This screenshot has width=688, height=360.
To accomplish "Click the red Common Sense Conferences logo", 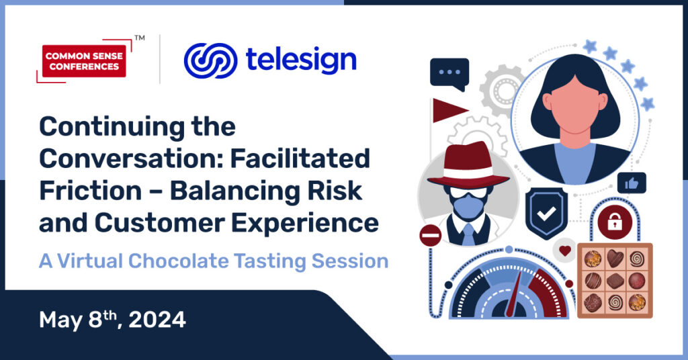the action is point(84,61).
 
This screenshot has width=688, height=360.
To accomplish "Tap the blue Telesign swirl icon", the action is point(210,60).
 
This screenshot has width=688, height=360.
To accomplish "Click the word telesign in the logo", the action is point(301,61).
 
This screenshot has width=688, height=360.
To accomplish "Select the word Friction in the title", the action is point(91,191).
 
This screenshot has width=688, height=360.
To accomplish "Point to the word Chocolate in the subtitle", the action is point(178,261).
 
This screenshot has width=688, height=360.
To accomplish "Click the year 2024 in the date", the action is point(157,320).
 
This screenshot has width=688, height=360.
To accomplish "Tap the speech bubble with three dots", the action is point(449,74).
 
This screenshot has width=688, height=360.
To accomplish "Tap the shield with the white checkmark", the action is point(546,214).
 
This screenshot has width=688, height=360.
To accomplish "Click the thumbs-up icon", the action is point(632,183).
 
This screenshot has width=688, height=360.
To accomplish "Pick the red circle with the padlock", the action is point(615,222).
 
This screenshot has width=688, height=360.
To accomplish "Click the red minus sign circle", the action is point(431,236).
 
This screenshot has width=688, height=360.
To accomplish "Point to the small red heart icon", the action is point(564,251).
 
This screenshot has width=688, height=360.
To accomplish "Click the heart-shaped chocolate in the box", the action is point(615,259).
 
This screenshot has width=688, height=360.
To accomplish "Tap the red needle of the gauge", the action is point(514,294).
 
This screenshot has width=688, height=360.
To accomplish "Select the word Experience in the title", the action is point(305,223).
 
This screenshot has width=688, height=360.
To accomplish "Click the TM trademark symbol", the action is point(140,38).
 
